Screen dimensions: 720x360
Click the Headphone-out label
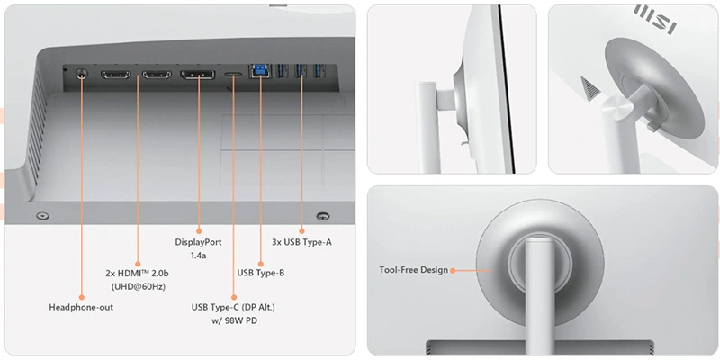[x=81, y=307]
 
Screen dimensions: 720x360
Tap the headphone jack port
[x=81, y=74]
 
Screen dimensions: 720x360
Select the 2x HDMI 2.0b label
[x=138, y=273]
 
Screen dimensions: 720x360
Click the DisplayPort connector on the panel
[x=197, y=75]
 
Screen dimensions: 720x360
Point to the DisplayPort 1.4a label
[x=198, y=248]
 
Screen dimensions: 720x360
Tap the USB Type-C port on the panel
[x=234, y=75]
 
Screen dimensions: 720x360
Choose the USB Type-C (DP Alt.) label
[x=233, y=307]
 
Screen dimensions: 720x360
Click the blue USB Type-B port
[x=260, y=71]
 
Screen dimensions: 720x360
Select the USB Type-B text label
[x=261, y=273]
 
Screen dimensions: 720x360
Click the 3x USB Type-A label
[x=301, y=242]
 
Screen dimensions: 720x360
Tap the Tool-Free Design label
[x=413, y=270]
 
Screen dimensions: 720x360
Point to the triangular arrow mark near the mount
[x=590, y=87]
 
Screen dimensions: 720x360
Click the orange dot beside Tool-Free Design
[x=453, y=271]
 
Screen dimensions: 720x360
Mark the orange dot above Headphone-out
[x=82, y=297]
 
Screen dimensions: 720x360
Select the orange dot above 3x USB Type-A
[x=301, y=230]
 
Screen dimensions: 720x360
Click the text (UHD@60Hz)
[x=138, y=286]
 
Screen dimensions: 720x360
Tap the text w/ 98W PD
[x=234, y=320]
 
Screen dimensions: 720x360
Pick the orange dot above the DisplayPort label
[x=199, y=230]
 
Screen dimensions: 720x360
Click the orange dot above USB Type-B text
[x=260, y=264]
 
